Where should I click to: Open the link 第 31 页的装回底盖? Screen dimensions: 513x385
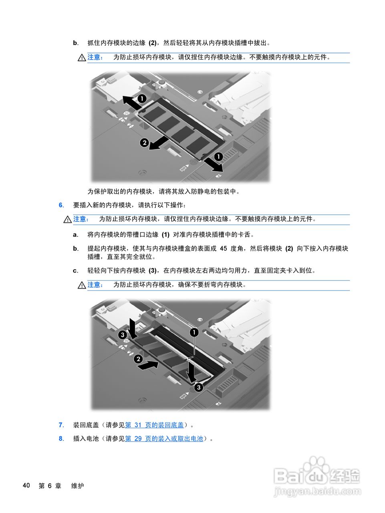[x=154, y=425]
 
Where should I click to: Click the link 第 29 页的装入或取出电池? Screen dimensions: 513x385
[x=164, y=439]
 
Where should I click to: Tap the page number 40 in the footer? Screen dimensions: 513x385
[x=26, y=486]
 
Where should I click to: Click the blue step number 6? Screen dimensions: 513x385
[x=61, y=205]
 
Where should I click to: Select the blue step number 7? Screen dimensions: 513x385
[x=61, y=425]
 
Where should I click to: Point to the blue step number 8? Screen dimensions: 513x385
[x=61, y=439]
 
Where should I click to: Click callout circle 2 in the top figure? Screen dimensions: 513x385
[x=144, y=142]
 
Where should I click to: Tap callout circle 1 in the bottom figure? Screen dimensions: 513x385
[x=194, y=332]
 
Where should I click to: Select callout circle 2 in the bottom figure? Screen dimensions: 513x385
[x=138, y=359]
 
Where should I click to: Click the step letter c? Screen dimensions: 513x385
[x=75, y=271]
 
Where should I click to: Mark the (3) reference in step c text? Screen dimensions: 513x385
[x=153, y=271]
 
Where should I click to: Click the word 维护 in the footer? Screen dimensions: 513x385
[x=78, y=486]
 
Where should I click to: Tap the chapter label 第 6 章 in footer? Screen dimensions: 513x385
[x=50, y=486]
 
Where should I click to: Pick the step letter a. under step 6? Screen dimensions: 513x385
[x=75, y=235]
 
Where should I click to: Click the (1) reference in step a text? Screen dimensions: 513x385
[x=165, y=235]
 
